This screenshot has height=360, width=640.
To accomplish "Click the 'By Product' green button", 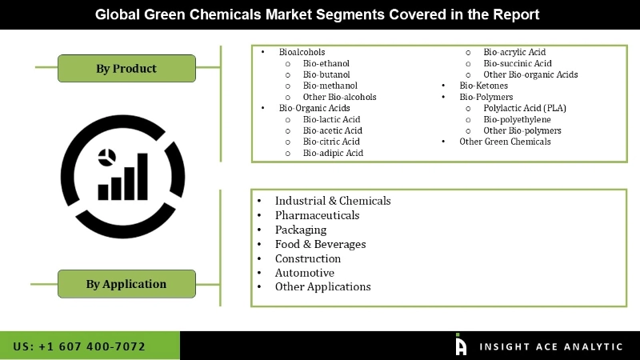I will coord(126,68).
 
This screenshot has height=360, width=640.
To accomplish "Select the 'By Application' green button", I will coord(126,283).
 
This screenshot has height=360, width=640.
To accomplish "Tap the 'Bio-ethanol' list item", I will coord(326,63).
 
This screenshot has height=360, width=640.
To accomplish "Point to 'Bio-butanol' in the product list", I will coord(326,74).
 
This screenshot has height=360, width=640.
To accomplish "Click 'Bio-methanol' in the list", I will coord(330,86).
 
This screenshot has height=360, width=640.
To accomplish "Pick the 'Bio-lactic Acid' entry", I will coord(331,119).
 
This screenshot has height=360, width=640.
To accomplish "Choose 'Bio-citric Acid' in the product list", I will coord(331,142).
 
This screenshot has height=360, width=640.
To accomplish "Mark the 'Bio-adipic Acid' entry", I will coord(333,153).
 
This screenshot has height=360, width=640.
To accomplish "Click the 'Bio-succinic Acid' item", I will coord(518,63).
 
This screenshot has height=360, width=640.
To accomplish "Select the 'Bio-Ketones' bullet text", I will coord(482,86).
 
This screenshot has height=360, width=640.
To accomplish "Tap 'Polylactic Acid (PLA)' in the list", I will coord(524,108).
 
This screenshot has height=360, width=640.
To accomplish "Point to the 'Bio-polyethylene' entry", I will coord(517,119).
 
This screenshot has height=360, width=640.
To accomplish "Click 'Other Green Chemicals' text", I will coord(505,142).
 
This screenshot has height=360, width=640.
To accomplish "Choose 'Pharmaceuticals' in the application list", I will coord(317,215).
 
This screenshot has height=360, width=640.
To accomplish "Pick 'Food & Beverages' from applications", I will coord(320,244).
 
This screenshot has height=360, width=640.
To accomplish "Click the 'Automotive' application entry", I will coord(304,273).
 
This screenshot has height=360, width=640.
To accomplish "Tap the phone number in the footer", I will coord(79,346).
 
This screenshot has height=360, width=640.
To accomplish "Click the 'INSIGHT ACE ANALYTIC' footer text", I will coord(550,346).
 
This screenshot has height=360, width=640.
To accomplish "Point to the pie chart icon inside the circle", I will coord(105,157).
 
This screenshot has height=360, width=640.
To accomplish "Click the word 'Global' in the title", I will coord(118,14).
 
